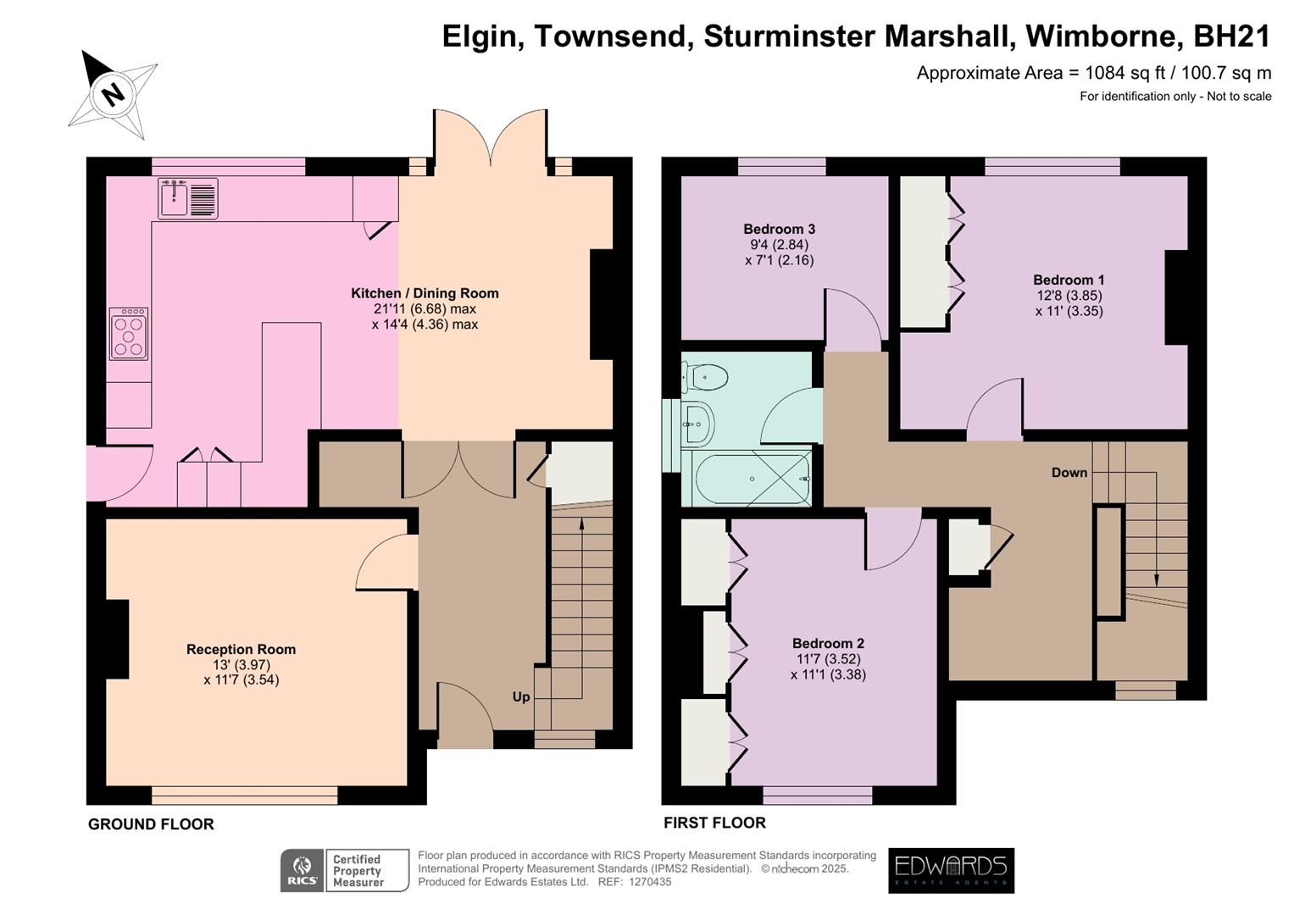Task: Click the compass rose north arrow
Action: coord(111,91)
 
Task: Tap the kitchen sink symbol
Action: coord(188,198)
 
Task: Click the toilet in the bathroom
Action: coord(707,377)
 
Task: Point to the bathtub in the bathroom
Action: coord(752,479)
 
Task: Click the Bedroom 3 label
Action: coord(779,229)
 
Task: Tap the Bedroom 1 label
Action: coord(1069,280)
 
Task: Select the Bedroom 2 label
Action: coord(828,643)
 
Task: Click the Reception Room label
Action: coord(241,649)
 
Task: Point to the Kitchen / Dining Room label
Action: coord(425,293)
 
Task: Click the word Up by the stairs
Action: coord(521,696)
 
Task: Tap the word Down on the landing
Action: coord(1069,472)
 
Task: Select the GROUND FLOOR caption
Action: coord(151,823)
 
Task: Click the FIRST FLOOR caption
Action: coord(714,822)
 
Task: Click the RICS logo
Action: coord(302,871)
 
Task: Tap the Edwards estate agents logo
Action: coord(951,870)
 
